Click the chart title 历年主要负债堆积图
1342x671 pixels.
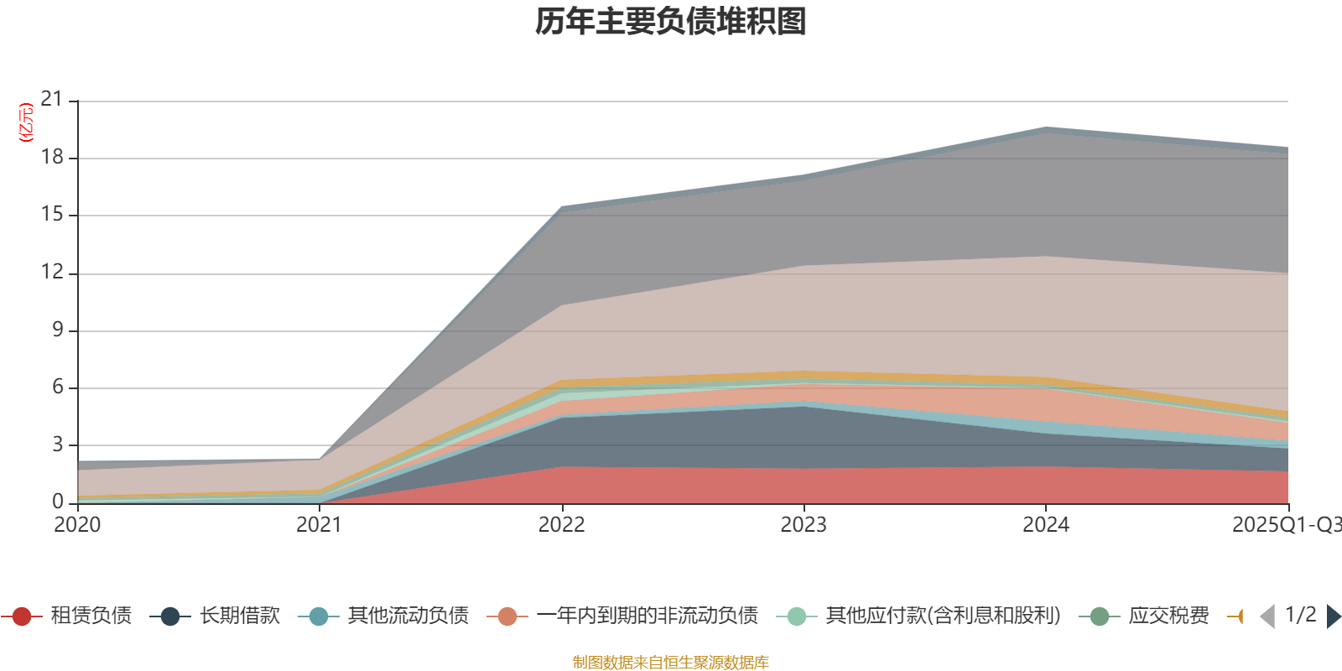[x=671, y=22]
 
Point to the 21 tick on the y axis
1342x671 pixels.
[x=52, y=100]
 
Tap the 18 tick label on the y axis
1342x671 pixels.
[x=52, y=157]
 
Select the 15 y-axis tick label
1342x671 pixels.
[x=52, y=215]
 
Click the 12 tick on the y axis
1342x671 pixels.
[x=52, y=272]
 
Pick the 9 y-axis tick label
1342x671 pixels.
[x=58, y=330]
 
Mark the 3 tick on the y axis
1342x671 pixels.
[x=58, y=445]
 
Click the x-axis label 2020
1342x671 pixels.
[x=77, y=525]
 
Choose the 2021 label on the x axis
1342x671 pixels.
[x=319, y=525]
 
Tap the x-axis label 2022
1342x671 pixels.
[x=561, y=525]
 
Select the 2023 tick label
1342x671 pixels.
[x=804, y=525]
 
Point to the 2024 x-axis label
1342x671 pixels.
[x=1045, y=525]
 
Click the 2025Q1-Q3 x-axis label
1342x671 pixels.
[x=1286, y=525]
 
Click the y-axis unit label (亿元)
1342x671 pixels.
[x=26, y=122]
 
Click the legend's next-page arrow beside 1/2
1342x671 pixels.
[x=1333, y=616]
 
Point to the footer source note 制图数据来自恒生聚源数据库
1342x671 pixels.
[x=671, y=663]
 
